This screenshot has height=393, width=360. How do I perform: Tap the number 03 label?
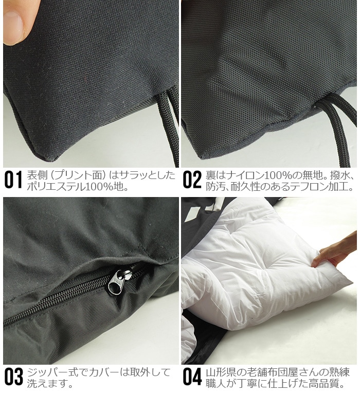13,377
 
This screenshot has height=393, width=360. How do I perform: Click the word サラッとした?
147,174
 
